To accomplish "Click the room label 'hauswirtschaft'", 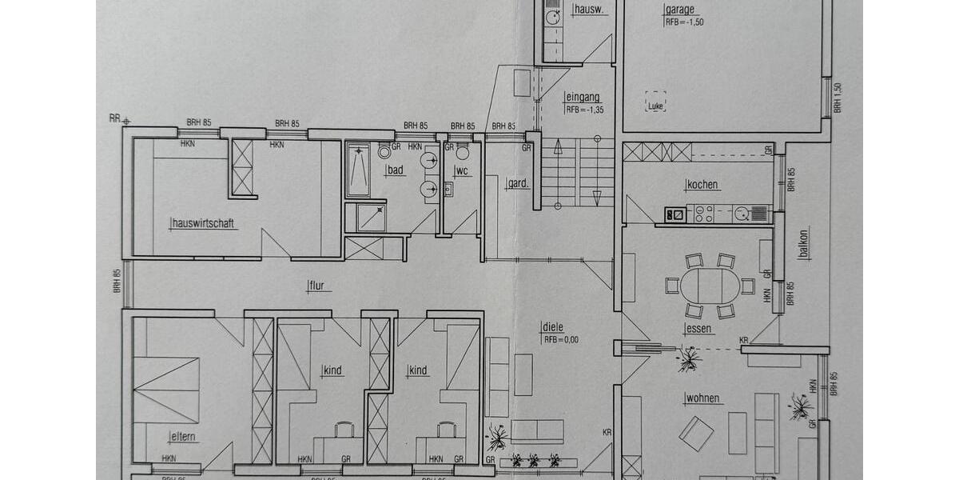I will coord(204,224).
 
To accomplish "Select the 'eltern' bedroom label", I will coord(183,437).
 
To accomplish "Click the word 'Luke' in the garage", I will coord(657,106).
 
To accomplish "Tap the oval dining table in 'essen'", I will coord(710,285).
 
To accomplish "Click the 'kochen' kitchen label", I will coord(703,186).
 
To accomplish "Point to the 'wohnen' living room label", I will coord(703,398).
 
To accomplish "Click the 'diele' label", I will coord(553,326).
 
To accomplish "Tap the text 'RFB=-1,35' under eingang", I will coord(583,110).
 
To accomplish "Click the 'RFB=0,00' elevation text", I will coord(561,338).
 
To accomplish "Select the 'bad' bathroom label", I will coord(396,171).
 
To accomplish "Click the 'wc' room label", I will coord(461,171).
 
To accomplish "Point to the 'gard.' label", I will coord(518,184).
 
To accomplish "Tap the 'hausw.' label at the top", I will coord(590,10).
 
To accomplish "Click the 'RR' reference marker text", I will coord(114,118).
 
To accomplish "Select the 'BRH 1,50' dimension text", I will coord(838,98).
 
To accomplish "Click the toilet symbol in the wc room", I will coord(462,154).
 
